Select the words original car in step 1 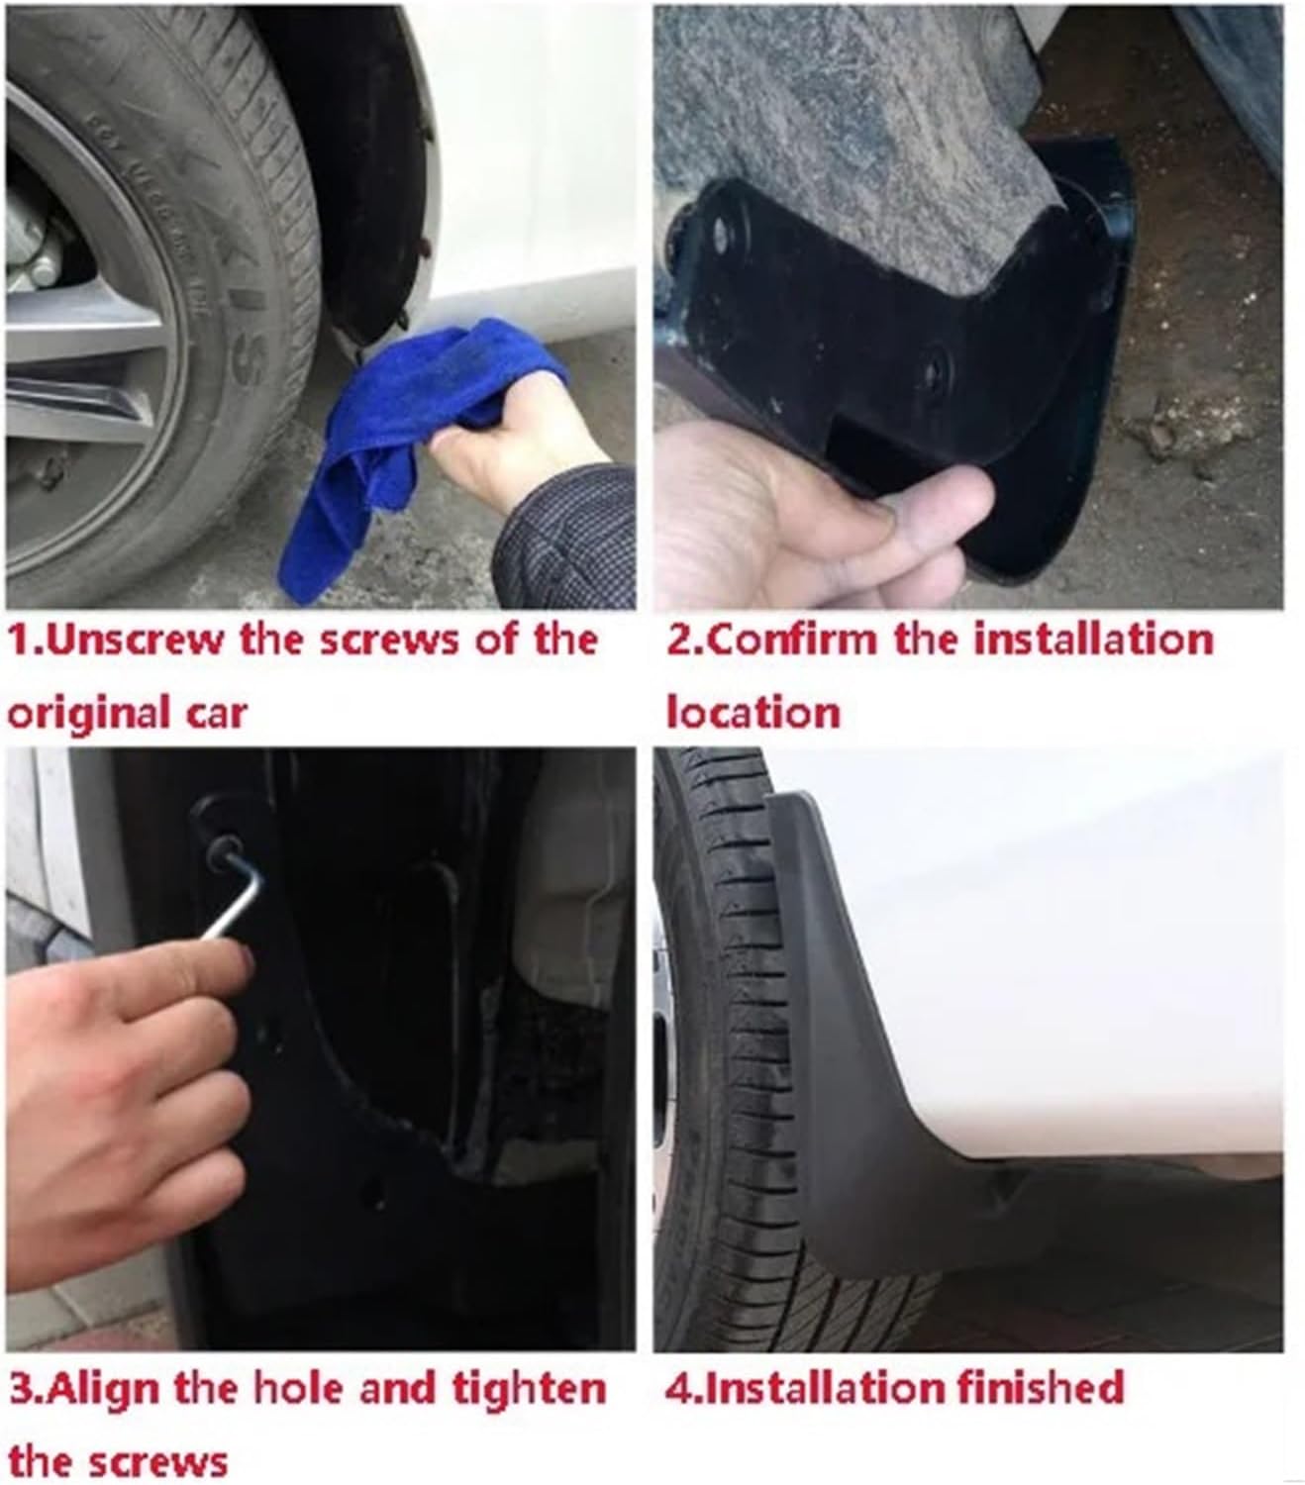point(127,713)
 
